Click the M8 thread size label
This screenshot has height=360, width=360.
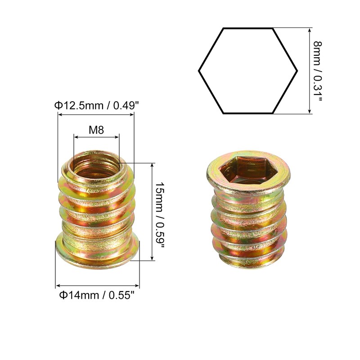[x=96, y=130]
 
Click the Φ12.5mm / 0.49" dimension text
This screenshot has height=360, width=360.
[x=96, y=105]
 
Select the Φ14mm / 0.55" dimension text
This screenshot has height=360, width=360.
[x=97, y=296]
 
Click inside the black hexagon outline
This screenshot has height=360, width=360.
[x=248, y=71]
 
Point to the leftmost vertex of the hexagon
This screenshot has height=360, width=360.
[x=199, y=71]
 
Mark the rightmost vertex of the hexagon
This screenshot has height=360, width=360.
[x=297, y=71]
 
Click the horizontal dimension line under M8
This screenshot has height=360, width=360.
[x=96, y=137]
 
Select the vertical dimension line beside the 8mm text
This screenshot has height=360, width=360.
[x=310, y=71]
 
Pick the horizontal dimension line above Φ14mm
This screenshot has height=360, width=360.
[x=97, y=286]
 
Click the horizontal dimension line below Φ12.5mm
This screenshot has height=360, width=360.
[x=96, y=114]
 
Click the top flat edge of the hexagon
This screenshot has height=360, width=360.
[x=248, y=28]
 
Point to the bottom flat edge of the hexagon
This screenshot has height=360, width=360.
[x=248, y=113]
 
